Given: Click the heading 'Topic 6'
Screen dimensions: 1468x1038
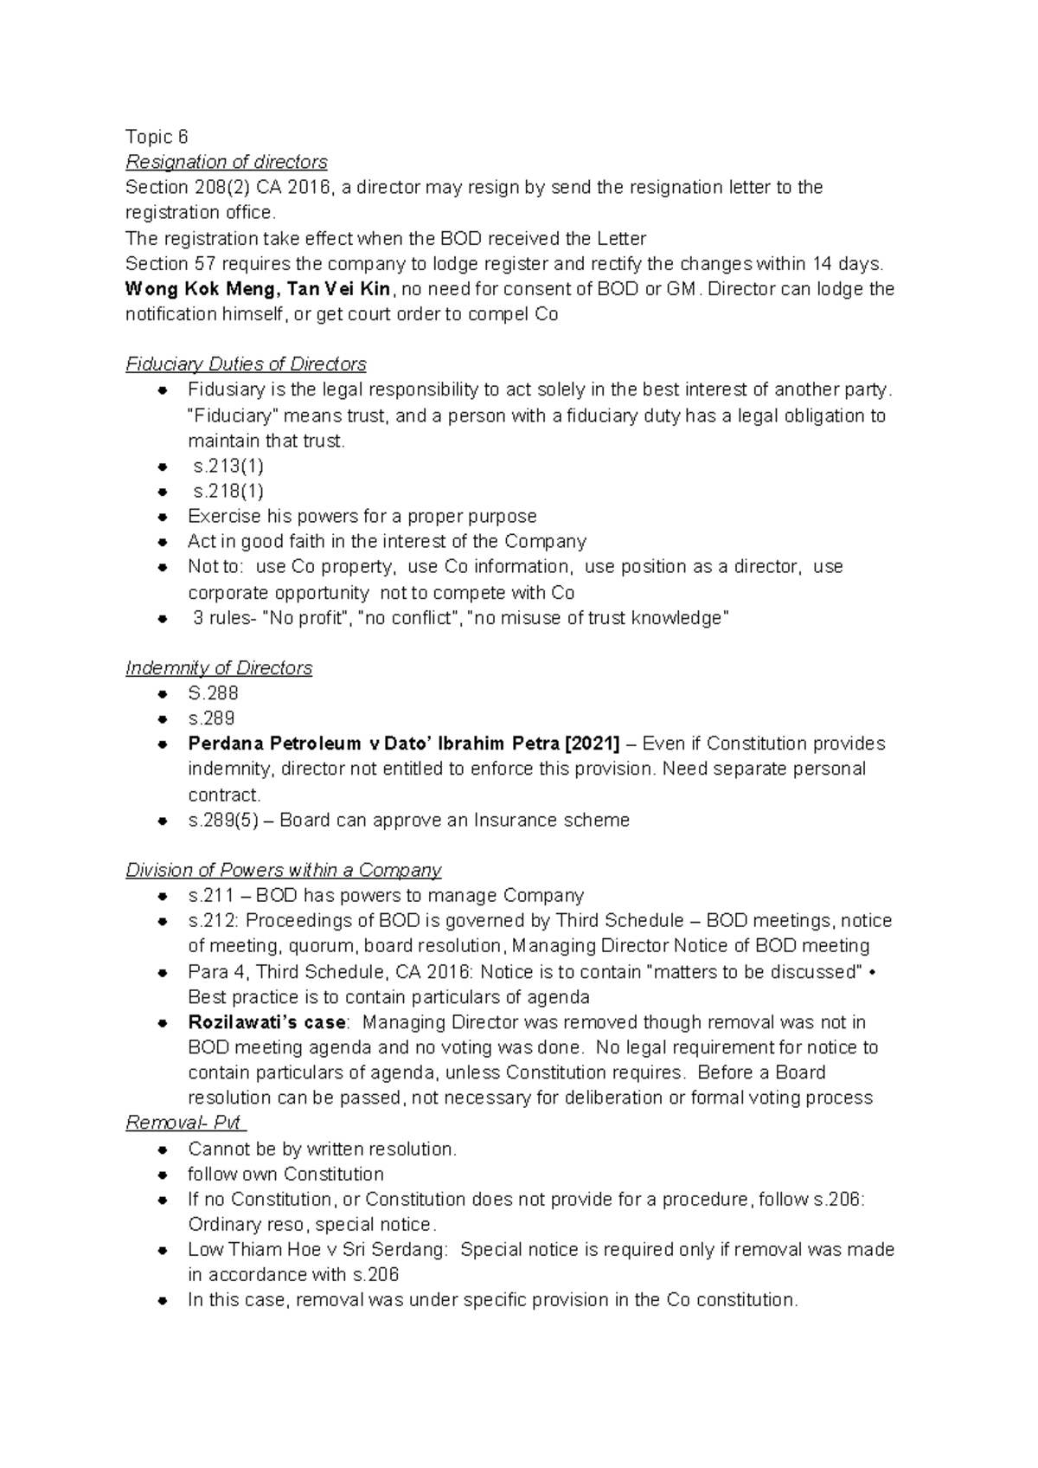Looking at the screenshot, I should tap(157, 137).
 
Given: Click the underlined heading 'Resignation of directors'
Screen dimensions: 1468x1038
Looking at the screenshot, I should tap(227, 162).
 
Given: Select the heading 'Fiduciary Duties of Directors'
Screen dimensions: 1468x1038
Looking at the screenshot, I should tap(246, 364).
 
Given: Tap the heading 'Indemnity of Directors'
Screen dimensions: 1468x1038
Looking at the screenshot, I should tap(219, 668).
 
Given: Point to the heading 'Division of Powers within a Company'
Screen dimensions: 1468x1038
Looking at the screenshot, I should tap(284, 870).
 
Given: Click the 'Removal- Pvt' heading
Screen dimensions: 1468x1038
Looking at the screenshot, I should tap(183, 1124).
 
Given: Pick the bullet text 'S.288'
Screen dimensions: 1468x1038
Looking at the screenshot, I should tap(213, 693).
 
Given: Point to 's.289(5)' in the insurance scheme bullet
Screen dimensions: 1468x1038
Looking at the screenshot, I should tap(221, 820).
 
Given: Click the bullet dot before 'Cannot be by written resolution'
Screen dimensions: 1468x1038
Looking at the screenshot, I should tap(163, 1150).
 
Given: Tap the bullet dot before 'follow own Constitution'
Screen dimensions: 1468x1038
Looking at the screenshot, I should tap(163, 1175).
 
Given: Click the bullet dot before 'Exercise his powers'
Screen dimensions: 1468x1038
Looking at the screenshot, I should tap(163, 517).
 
